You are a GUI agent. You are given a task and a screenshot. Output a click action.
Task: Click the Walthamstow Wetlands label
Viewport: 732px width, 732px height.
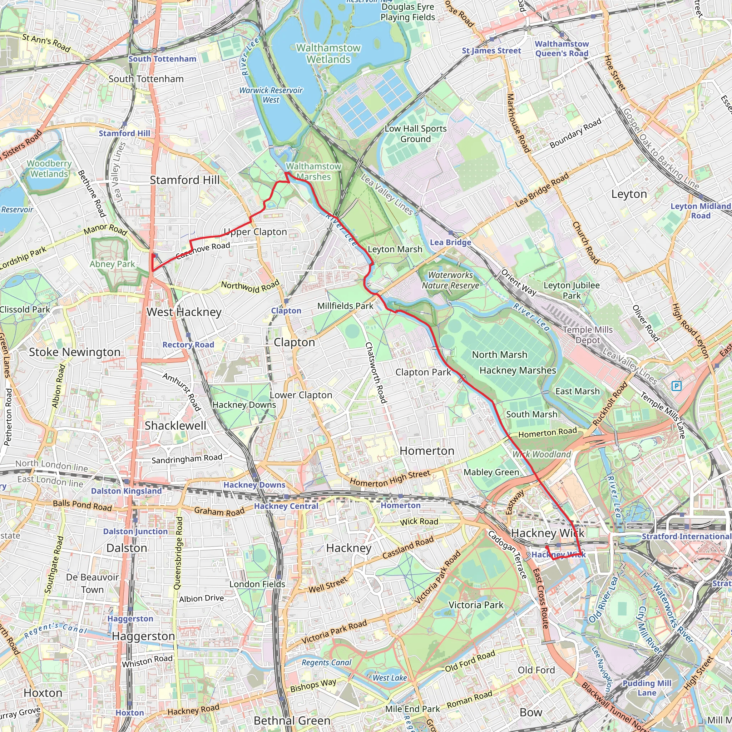point(328,53)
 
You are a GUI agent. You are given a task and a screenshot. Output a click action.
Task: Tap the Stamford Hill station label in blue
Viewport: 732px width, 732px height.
point(124,133)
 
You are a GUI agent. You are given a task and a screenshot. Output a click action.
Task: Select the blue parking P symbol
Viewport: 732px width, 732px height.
point(677,386)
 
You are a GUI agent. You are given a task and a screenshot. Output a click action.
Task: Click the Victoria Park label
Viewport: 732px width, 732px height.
point(476,605)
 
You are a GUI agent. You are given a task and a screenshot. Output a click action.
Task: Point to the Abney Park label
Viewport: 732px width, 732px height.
point(112,264)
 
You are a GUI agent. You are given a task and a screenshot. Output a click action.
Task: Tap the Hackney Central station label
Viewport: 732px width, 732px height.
point(286,506)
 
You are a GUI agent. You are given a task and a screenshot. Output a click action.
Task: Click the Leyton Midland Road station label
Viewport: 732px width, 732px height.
point(700,211)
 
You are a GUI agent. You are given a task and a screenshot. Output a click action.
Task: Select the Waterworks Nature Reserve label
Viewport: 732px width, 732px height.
point(450,280)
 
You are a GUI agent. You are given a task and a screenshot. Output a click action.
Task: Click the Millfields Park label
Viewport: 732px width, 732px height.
point(345,306)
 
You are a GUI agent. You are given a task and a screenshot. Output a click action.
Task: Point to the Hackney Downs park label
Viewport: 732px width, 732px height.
point(244,405)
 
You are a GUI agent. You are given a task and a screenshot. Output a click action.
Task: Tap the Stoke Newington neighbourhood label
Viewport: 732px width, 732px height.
point(75,352)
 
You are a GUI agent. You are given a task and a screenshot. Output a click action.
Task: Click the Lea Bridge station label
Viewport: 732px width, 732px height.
point(450,242)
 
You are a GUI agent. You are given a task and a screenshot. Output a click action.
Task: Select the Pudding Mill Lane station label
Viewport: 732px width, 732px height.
point(647,688)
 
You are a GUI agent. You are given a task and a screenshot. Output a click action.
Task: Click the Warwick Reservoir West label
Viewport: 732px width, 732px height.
point(271,95)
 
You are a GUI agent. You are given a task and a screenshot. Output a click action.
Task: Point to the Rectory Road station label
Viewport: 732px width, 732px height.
point(188,345)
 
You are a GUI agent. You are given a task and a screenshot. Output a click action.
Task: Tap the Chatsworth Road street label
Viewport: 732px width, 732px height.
point(376,373)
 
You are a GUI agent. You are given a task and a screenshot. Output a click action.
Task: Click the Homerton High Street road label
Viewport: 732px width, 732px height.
point(390,478)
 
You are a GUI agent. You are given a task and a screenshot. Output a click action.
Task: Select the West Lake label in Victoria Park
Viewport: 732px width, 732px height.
point(390,678)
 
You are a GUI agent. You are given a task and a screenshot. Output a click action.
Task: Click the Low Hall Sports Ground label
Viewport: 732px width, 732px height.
point(416,134)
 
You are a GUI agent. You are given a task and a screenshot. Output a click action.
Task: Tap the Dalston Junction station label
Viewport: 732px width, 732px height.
point(135,531)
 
